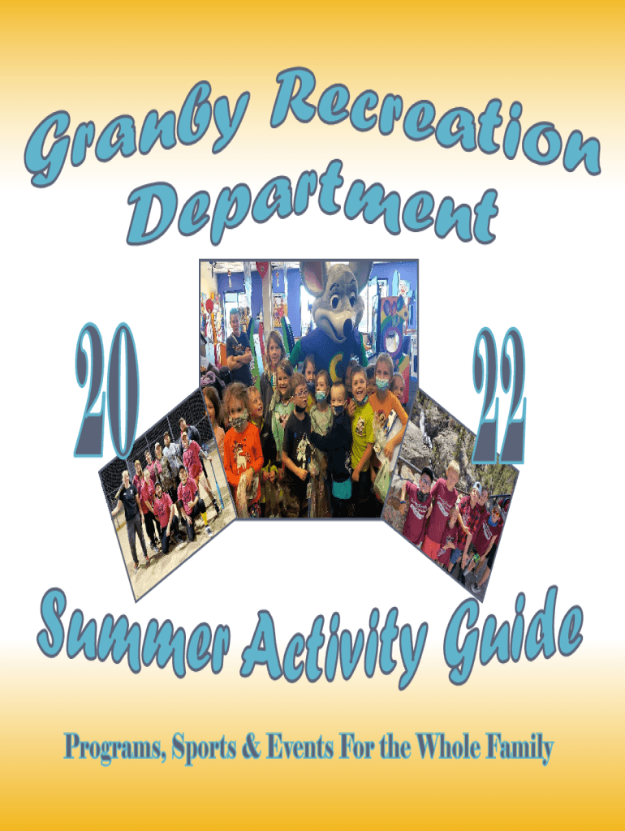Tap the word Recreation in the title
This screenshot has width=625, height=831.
tap(435, 119)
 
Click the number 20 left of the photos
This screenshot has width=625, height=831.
tap(107, 390)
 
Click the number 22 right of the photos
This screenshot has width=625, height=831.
tap(499, 395)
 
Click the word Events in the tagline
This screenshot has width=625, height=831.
tap(300, 747)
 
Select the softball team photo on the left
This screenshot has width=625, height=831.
tap(167, 493)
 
